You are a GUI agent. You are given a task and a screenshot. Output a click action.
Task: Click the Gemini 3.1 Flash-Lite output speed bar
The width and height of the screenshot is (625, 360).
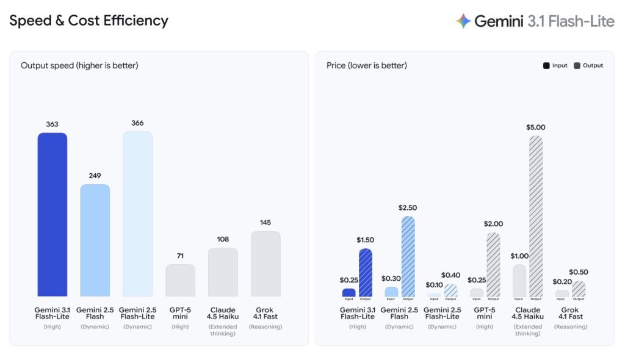point(52,214)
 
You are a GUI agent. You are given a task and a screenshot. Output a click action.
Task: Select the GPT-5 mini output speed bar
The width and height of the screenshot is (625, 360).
point(180,280)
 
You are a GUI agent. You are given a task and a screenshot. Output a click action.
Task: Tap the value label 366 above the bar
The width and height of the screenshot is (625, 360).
point(137,123)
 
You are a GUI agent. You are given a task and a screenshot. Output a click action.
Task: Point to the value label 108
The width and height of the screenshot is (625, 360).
point(223,239)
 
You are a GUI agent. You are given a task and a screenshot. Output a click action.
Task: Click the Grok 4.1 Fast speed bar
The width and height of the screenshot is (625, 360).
point(266,264)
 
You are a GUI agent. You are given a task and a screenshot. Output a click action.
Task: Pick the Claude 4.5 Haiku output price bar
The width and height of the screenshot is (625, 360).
point(536,216)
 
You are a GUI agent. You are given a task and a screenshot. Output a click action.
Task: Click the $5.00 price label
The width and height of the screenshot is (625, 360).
point(536,128)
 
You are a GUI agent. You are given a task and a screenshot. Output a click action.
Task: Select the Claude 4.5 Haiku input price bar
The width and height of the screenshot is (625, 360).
point(519,280)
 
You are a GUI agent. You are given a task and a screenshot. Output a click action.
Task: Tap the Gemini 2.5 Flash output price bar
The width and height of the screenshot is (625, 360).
point(408,256)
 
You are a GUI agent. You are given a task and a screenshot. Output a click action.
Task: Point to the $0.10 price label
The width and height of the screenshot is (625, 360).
point(434,285)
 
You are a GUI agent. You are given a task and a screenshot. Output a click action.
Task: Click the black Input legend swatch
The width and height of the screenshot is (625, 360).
point(546,66)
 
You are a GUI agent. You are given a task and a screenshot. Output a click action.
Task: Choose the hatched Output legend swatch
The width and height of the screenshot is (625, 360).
point(577,66)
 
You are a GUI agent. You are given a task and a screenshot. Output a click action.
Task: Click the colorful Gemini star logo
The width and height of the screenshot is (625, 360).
point(463,21)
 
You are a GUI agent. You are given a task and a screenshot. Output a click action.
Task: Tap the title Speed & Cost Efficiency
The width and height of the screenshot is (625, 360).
point(89,21)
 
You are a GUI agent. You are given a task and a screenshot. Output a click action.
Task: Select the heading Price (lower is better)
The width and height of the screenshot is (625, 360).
point(367,65)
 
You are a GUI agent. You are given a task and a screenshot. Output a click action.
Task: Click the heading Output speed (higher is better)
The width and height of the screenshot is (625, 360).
point(79,65)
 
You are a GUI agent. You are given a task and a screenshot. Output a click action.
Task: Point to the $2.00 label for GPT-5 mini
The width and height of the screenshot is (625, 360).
point(493,224)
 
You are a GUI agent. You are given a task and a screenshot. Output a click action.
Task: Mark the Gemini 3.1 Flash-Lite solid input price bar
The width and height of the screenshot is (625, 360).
point(349,292)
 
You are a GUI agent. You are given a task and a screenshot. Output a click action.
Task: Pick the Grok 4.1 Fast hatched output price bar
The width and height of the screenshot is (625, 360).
point(579,289)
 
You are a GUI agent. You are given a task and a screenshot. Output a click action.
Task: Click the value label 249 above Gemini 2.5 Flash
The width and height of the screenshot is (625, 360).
point(95,176)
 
